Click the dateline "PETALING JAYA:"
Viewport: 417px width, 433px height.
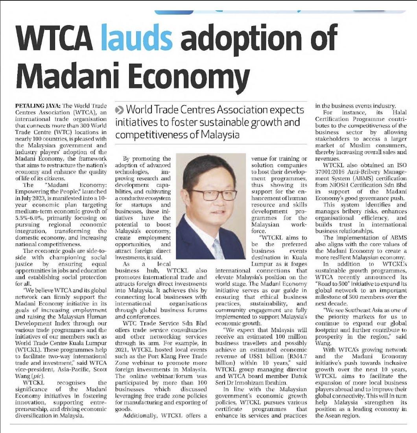pyautogui.click(x=37, y=106)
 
